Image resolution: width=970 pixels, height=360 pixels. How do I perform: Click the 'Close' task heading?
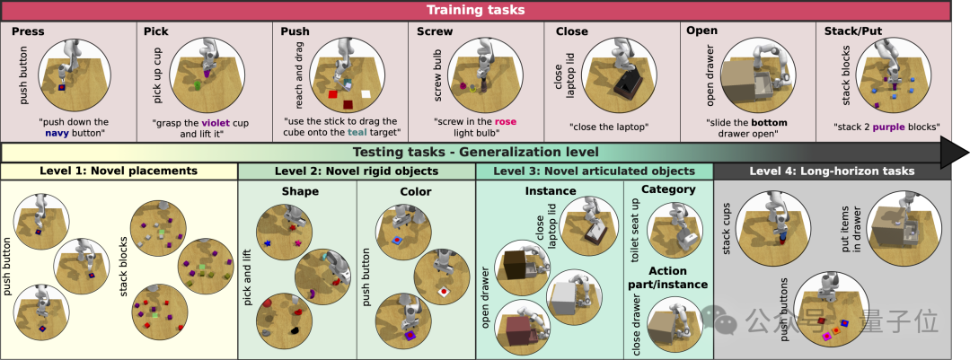point(571,31)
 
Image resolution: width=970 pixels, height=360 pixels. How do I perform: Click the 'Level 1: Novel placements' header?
point(119,171)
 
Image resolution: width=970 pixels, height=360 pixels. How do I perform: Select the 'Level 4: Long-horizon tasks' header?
point(832,171)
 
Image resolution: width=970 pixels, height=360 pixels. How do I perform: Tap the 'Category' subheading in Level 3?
point(668,189)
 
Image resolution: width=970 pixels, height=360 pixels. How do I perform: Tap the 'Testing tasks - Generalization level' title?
point(475,153)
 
